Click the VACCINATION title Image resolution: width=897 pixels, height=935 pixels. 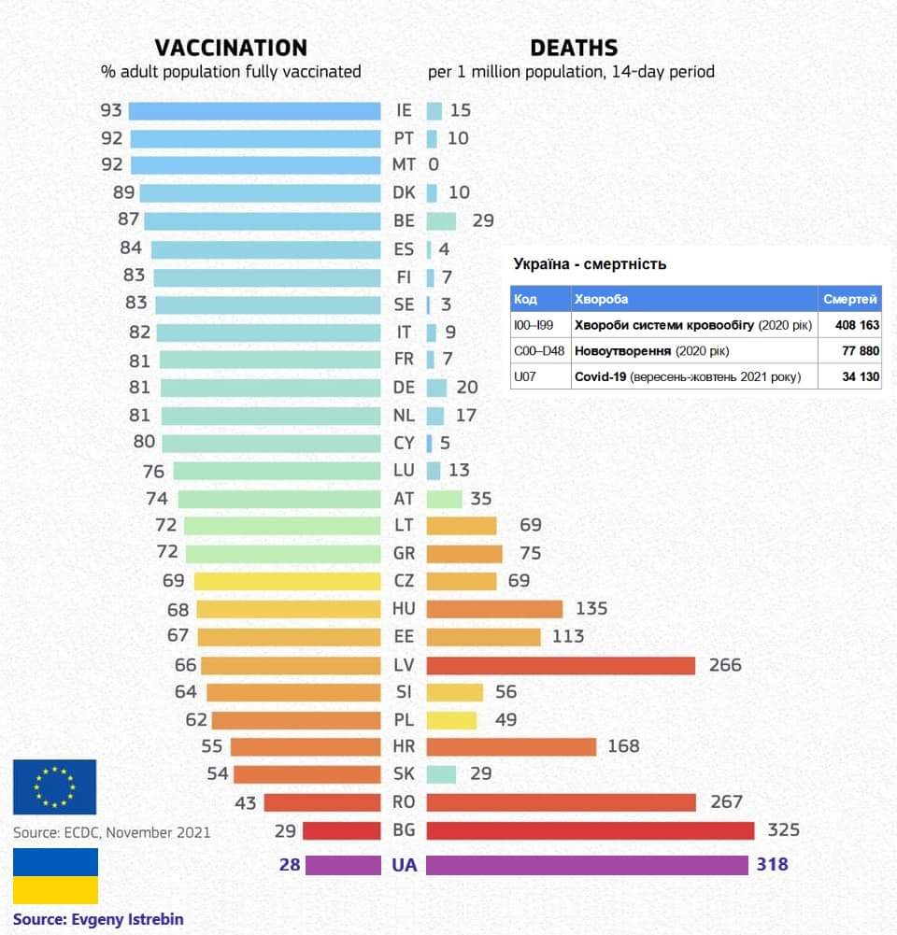[230, 49]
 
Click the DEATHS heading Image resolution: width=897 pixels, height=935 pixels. [574, 49]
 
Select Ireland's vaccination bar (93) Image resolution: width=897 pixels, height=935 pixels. [254, 111]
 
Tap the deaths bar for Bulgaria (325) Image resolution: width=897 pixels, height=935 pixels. [590, 830]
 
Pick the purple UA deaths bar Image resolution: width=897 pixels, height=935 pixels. [587, 865]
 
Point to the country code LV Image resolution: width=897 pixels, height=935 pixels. [404, 665]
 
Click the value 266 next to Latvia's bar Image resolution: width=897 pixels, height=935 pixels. [725, 665]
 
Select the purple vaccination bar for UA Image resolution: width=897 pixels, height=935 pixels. [343, 865]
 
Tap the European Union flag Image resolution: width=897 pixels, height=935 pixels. [54, 786]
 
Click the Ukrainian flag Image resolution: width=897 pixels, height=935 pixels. [54, 875]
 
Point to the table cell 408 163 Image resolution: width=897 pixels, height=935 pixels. [849, 325]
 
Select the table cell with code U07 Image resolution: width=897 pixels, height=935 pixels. [527, 377]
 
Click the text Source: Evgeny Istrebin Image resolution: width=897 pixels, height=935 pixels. [98, 919]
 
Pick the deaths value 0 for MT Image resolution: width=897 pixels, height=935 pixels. [434, 165]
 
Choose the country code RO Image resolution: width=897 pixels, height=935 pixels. [404, 802]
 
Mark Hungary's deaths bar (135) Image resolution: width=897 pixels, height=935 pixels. [494, 609]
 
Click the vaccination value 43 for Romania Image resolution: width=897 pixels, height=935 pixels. [245, 802]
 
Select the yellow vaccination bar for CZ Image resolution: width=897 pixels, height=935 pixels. [287, 581]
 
